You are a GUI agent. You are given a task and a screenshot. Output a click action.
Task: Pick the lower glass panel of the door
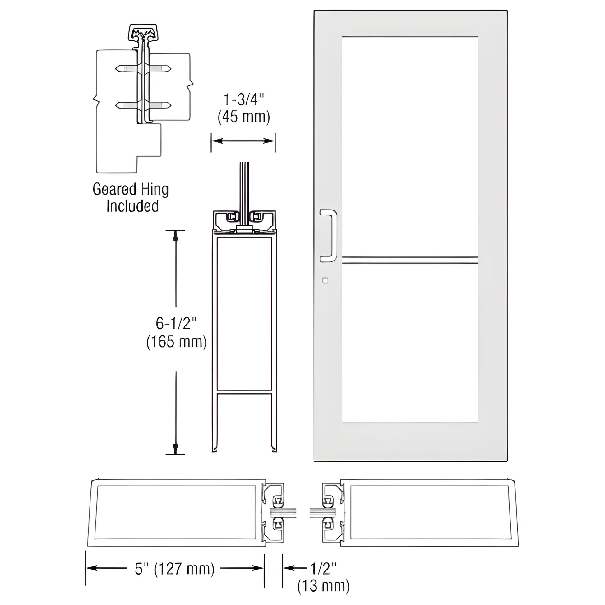tap(409, 343)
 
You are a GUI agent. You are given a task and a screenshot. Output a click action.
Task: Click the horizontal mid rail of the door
tap(409, 260)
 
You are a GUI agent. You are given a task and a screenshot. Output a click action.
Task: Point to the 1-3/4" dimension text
tap(244, 100)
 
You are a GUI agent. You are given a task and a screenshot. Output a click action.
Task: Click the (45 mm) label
tap(244, 117)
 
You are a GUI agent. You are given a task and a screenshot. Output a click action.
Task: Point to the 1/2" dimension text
tap(323, 568)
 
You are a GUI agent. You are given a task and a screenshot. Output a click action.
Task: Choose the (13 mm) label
tap(323, 586)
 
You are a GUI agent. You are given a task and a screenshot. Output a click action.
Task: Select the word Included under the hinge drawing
tap(132, 206)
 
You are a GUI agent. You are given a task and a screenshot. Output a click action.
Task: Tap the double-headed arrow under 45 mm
tap(243, 141)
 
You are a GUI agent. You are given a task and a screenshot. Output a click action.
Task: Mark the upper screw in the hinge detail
tap(143, 68)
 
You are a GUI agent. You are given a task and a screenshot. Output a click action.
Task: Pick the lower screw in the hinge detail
tap(143, 105)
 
